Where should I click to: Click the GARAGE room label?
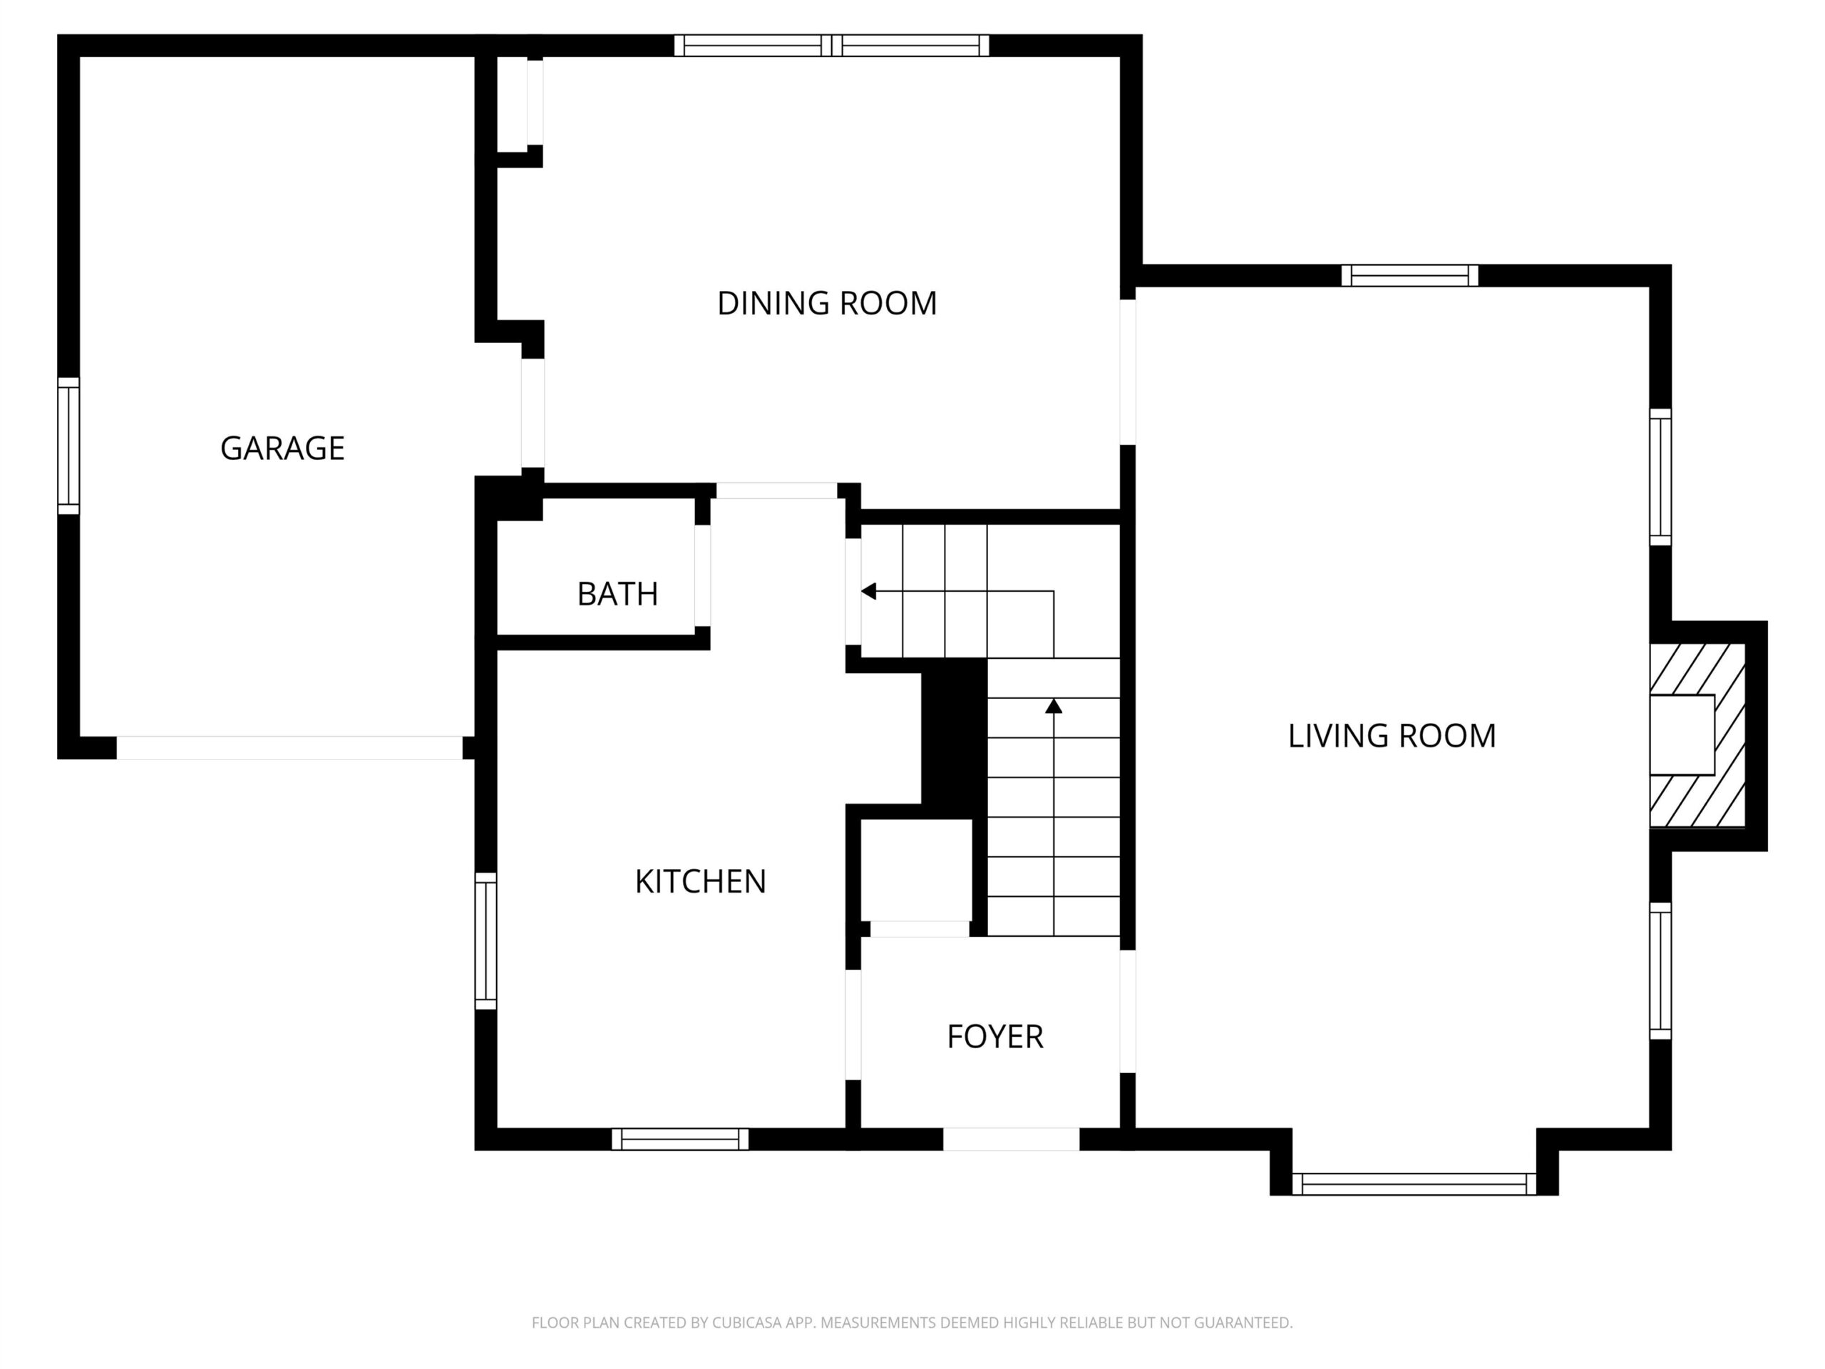(x=282, y=448)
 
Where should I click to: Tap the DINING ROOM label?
(x=827, y=303)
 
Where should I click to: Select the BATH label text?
(x=617, y=593)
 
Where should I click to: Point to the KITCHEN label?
(x=701, y=881)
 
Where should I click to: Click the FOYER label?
(x=995, y=1037)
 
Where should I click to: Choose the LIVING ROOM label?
(x=1392, y=735)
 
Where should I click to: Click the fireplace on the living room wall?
(x=1697, y=734)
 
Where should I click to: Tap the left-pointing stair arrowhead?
(x=868, y=591)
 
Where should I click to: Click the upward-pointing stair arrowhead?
(x=1054, y=706)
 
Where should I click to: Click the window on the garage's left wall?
(x=68, y=446)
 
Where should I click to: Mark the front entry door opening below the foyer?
(x=1011, y=1139)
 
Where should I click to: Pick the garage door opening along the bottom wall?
(x=289, y=748)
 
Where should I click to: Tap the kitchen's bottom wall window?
(x=680, y=1139)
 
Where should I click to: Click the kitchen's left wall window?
(x=486, y=940)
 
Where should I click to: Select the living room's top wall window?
(x=1409, y=276)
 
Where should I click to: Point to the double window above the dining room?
(x=832, y=46)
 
